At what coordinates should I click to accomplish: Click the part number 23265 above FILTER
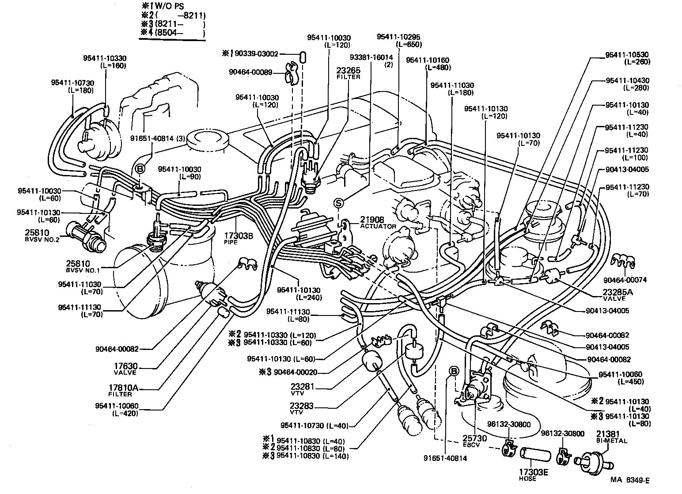tap(348, 70)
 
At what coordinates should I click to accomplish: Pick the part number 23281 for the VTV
tap(302, 386)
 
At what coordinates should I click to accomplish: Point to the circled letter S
tap(339, 203)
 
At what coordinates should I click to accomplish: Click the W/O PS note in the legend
tap(170, 7)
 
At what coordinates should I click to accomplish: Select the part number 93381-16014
tap(371, 57)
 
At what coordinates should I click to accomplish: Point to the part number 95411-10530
tap(627, 55)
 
